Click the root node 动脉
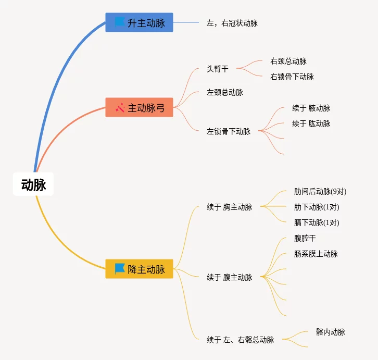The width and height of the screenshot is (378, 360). [x=33, y=184]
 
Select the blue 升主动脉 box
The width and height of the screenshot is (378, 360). [x=139, y=22]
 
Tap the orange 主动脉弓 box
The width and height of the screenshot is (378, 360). [x=139, y=107]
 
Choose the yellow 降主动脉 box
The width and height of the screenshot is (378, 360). [x=139, y=269]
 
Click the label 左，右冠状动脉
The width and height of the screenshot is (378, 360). [x=232, y=23]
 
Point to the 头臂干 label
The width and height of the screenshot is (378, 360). [x=217, y=69]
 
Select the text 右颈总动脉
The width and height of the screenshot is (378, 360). [x=292, y=61]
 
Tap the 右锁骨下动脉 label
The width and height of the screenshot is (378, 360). [x=292, y=77]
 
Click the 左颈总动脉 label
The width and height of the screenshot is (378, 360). [x=225, y=92]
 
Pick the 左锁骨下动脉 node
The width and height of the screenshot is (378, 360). [x=229, y=131]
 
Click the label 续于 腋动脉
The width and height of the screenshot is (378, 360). [x=311, y=108]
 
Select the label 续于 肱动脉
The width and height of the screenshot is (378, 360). [x=311, y=123]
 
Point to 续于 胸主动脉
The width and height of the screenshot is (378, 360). [x=229, y=207]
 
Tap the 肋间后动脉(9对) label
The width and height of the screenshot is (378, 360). [x=320, y=191]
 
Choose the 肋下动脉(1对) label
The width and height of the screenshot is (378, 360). [x=317, y=207]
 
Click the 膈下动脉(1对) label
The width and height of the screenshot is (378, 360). [x=317, y=222]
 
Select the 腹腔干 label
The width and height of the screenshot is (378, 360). [x=305, y=238]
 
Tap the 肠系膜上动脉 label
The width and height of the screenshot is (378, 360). [x=316, y=254]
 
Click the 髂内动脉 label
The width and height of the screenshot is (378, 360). [x=330, y=332]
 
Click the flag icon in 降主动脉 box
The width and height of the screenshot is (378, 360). [x=120, y=269]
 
